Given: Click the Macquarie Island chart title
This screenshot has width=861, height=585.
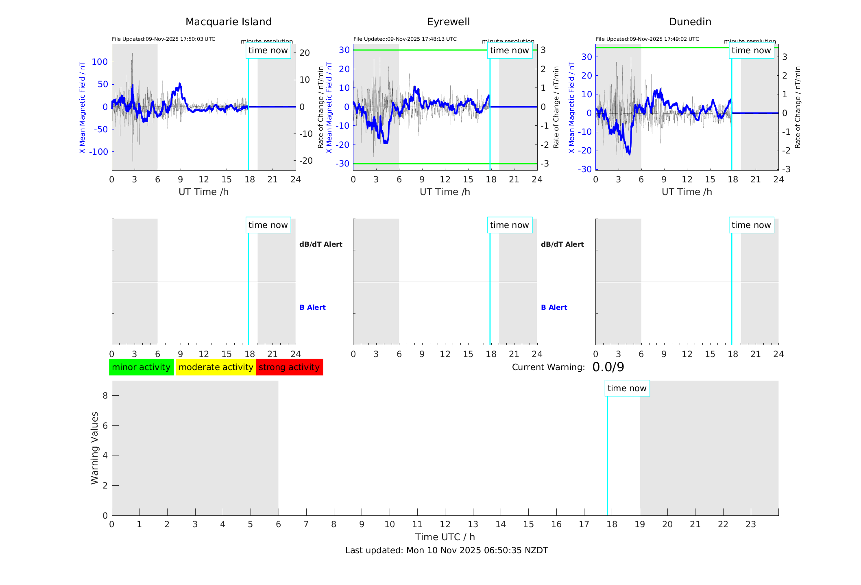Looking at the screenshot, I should coord(228,22).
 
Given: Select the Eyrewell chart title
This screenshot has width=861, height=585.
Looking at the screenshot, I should coord(448,22).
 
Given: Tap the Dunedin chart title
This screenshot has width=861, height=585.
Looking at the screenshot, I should coord(690,22).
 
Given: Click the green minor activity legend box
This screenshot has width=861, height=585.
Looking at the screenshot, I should coord(141,367).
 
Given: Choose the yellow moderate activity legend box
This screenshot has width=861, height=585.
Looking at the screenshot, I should coord(216,367).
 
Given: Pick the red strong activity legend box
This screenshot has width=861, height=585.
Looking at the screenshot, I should coord(289,367).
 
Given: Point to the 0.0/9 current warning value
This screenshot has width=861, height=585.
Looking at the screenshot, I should coord(608,367).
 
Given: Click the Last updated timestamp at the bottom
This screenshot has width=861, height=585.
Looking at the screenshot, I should coord(447,550).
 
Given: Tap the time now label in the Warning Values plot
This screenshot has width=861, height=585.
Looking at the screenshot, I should coord(627,388).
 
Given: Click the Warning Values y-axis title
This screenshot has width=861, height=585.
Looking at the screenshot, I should coord(94,448).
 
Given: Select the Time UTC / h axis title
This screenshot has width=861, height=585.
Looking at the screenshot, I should coord(445,537).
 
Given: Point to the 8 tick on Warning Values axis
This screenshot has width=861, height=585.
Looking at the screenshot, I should coord(105,395).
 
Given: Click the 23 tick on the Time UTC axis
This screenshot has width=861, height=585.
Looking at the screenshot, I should coord(750,524).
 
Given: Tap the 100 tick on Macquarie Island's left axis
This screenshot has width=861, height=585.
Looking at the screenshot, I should coord(100,62).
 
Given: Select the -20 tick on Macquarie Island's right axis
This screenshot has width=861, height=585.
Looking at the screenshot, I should coord(306,161).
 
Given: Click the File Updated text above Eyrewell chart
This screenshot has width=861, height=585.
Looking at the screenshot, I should coord(405,39).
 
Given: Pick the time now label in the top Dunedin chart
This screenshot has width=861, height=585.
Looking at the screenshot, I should coord(751,50).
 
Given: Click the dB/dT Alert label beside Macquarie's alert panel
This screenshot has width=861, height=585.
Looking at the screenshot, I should coord(320,244).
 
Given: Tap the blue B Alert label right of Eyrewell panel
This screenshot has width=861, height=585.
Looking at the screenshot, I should coord(554,307).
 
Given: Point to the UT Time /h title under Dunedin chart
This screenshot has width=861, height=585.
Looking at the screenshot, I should coord(687,192).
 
